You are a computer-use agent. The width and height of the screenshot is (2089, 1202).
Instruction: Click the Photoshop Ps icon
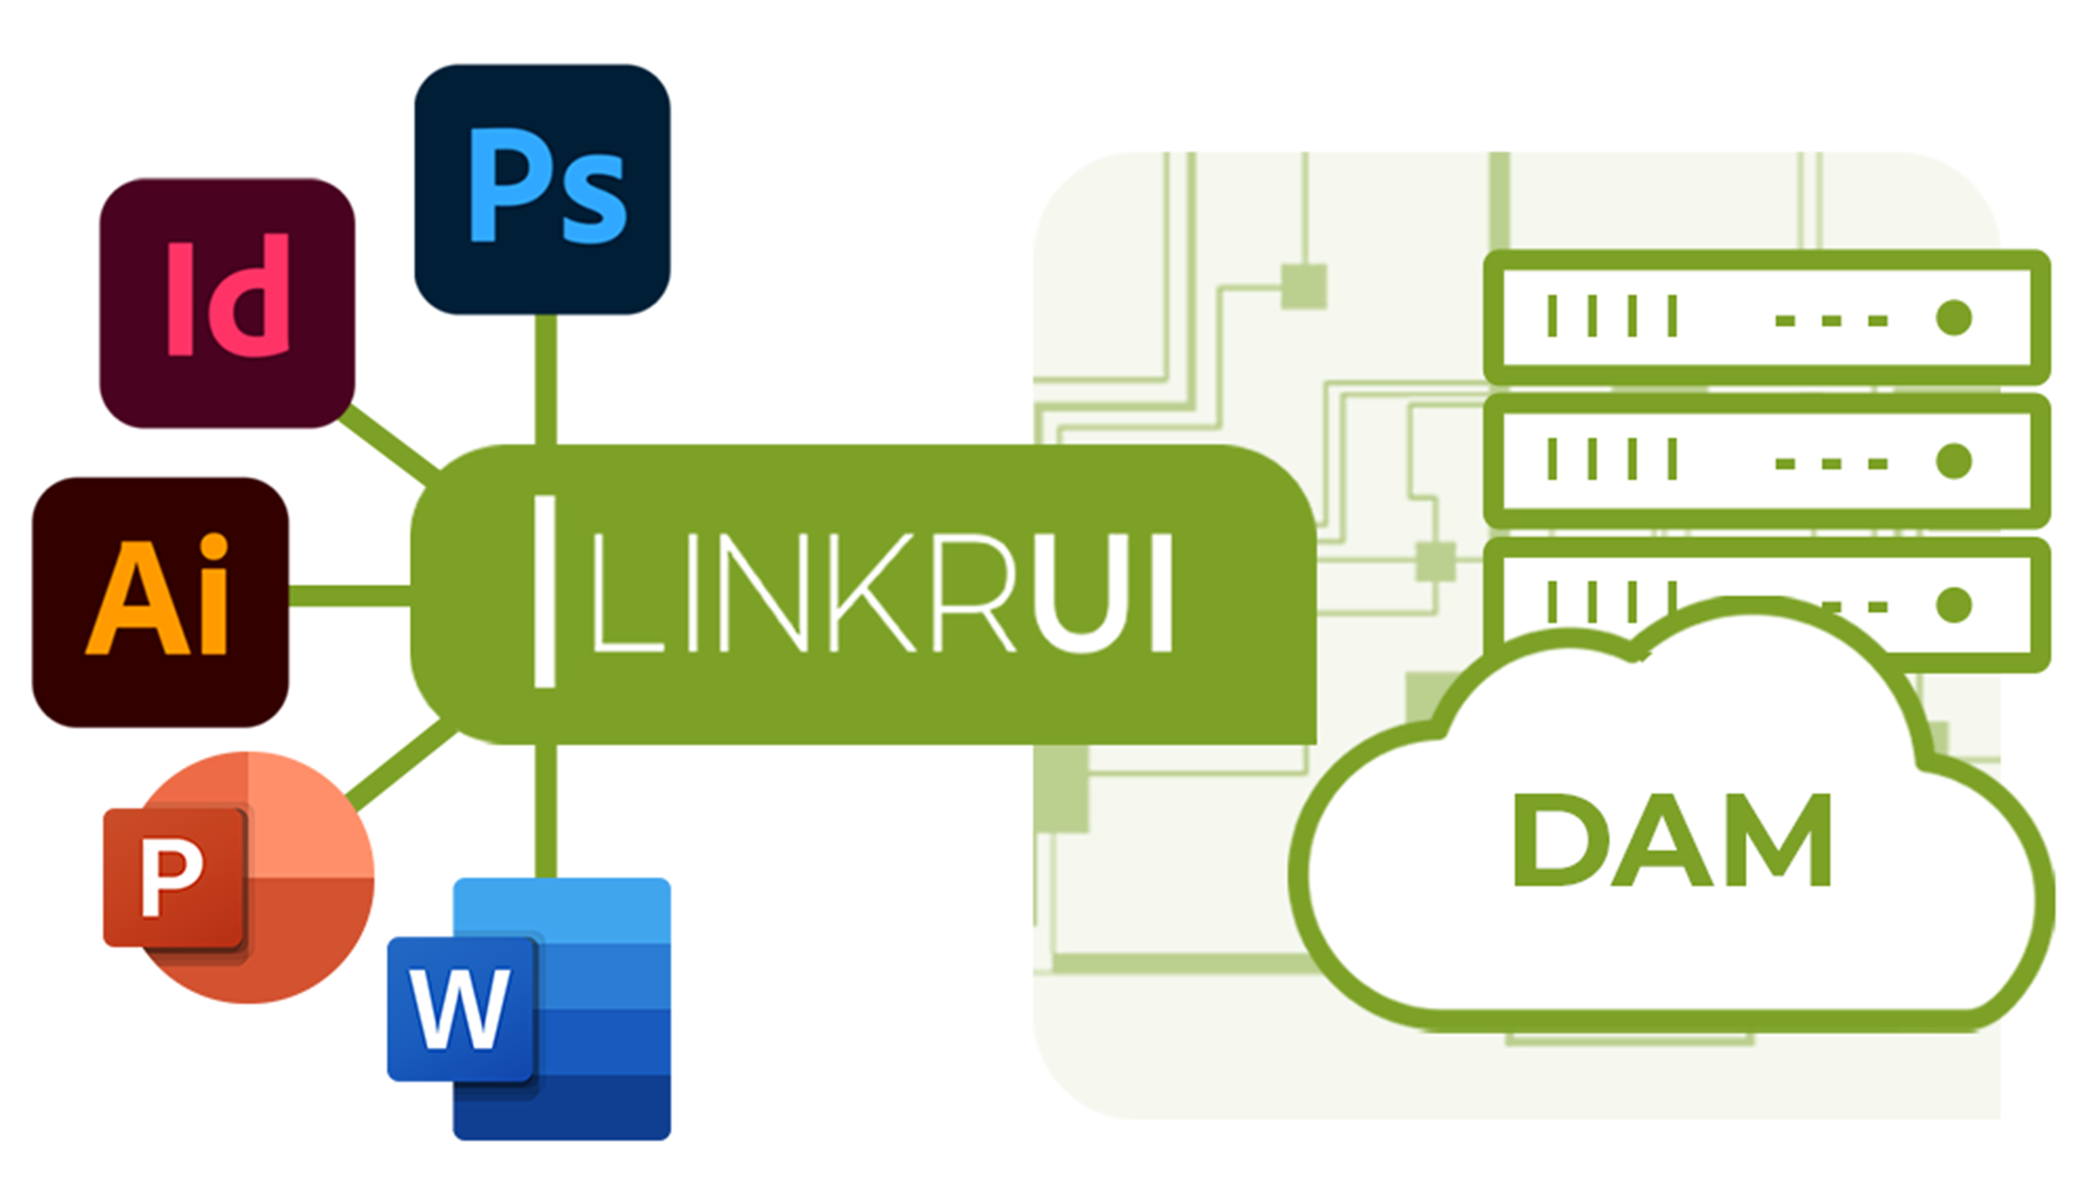coord(542,190)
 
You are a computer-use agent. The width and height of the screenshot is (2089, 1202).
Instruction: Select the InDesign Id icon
coord(227,303)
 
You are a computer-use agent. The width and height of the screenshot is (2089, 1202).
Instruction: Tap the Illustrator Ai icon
coord(160,601)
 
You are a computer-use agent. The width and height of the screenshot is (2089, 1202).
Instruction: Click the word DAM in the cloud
coord(1671,840)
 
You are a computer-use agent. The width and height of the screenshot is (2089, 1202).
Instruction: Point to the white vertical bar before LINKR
coord(545,592)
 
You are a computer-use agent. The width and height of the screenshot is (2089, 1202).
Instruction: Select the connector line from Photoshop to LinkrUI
coord(546,379)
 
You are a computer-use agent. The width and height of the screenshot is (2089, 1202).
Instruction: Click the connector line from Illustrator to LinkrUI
coord(350,596)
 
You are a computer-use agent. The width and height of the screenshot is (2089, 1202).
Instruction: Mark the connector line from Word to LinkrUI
coord(546,811)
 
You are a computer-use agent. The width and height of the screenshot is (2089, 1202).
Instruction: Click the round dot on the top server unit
coord(1953,318)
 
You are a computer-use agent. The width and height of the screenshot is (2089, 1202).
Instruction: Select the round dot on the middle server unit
coord(1953,461)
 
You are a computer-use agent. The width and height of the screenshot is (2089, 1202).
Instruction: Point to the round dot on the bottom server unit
coord(1953,605)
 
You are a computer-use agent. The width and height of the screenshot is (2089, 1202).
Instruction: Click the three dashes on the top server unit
coord(1831,321)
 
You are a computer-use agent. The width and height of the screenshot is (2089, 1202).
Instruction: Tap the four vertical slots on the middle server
coord(1612,460)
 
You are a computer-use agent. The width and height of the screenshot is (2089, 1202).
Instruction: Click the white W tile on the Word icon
coord(461,1009)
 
